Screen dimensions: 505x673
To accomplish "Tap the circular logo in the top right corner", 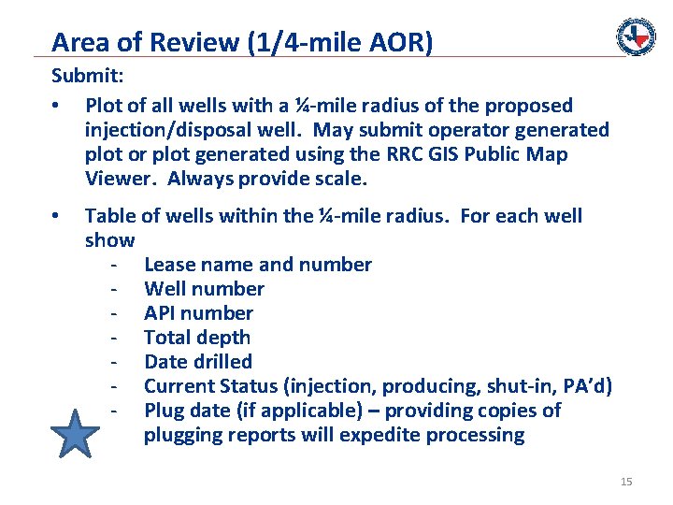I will coord(636,36).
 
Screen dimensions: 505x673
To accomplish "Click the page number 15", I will coord(626,482).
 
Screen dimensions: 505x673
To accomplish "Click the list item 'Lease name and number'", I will coord(257,265).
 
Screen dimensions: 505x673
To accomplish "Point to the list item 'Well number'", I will coord(204,289).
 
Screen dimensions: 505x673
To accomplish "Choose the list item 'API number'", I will coord(198,313).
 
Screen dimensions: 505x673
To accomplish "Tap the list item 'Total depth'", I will coord(197,338).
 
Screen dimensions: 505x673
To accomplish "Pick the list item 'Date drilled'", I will coord(198,362).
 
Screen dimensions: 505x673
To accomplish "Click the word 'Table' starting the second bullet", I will coord(109,216).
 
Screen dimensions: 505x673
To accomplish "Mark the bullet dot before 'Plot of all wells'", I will coord(58,106).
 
